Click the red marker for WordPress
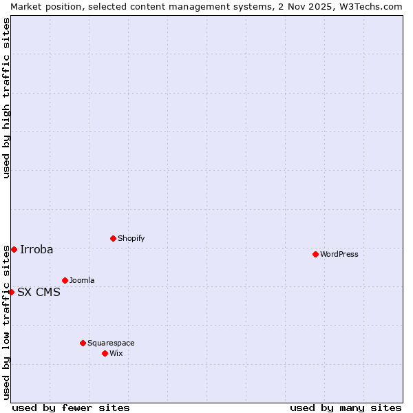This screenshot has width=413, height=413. (315, 254)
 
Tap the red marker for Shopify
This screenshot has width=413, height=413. (113, 238)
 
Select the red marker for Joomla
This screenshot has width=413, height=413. (65, 280)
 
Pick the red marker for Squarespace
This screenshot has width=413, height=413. (83, 343)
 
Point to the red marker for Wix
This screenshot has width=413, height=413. (105, 353)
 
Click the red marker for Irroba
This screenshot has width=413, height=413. (14, 249)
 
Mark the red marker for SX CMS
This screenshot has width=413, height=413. (11, 292)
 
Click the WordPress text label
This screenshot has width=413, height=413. (339, 254)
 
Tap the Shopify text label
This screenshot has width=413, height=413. (131, 238)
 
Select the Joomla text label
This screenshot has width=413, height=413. (82, 280)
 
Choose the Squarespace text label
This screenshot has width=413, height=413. (111, 343)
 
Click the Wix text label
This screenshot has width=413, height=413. (116, 353)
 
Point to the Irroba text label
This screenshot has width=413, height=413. (36, 249)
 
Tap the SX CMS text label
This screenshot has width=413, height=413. (39, 292)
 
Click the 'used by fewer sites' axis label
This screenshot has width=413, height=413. (71, 407)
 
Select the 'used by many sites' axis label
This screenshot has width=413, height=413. (346, 407)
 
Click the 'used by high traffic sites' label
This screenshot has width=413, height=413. (6, 98)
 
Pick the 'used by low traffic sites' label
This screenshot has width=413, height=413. (6, 322)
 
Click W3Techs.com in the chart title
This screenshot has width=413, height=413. (370, 6)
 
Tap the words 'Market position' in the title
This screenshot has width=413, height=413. (43, 6)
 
